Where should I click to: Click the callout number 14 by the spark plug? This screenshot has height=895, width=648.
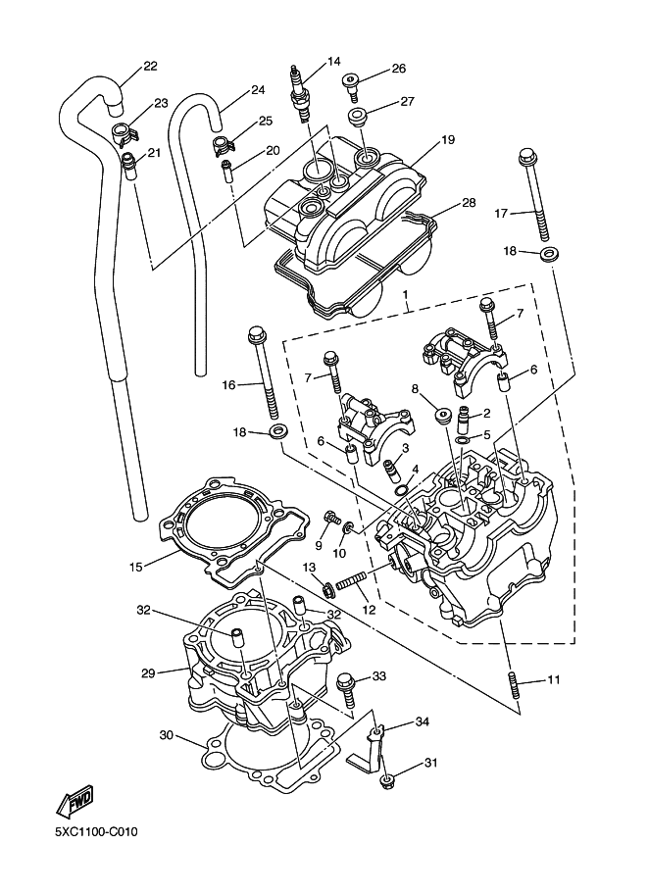pos(334,61)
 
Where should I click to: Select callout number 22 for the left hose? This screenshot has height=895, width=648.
pos(150,67)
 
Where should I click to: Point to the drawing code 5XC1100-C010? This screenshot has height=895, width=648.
pos(96,832)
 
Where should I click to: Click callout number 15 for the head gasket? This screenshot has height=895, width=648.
pos(136,566)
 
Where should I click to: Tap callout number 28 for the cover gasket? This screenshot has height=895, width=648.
pos(469,203)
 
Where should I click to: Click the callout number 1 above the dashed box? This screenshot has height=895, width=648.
pos(405,294)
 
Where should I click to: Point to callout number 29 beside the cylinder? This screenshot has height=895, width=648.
pos(149,672)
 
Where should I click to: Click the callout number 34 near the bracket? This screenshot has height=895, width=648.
pos(423,721)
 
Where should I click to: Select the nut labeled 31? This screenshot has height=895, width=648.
pos(385,781)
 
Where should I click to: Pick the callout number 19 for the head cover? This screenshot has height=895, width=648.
pos(447,140)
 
